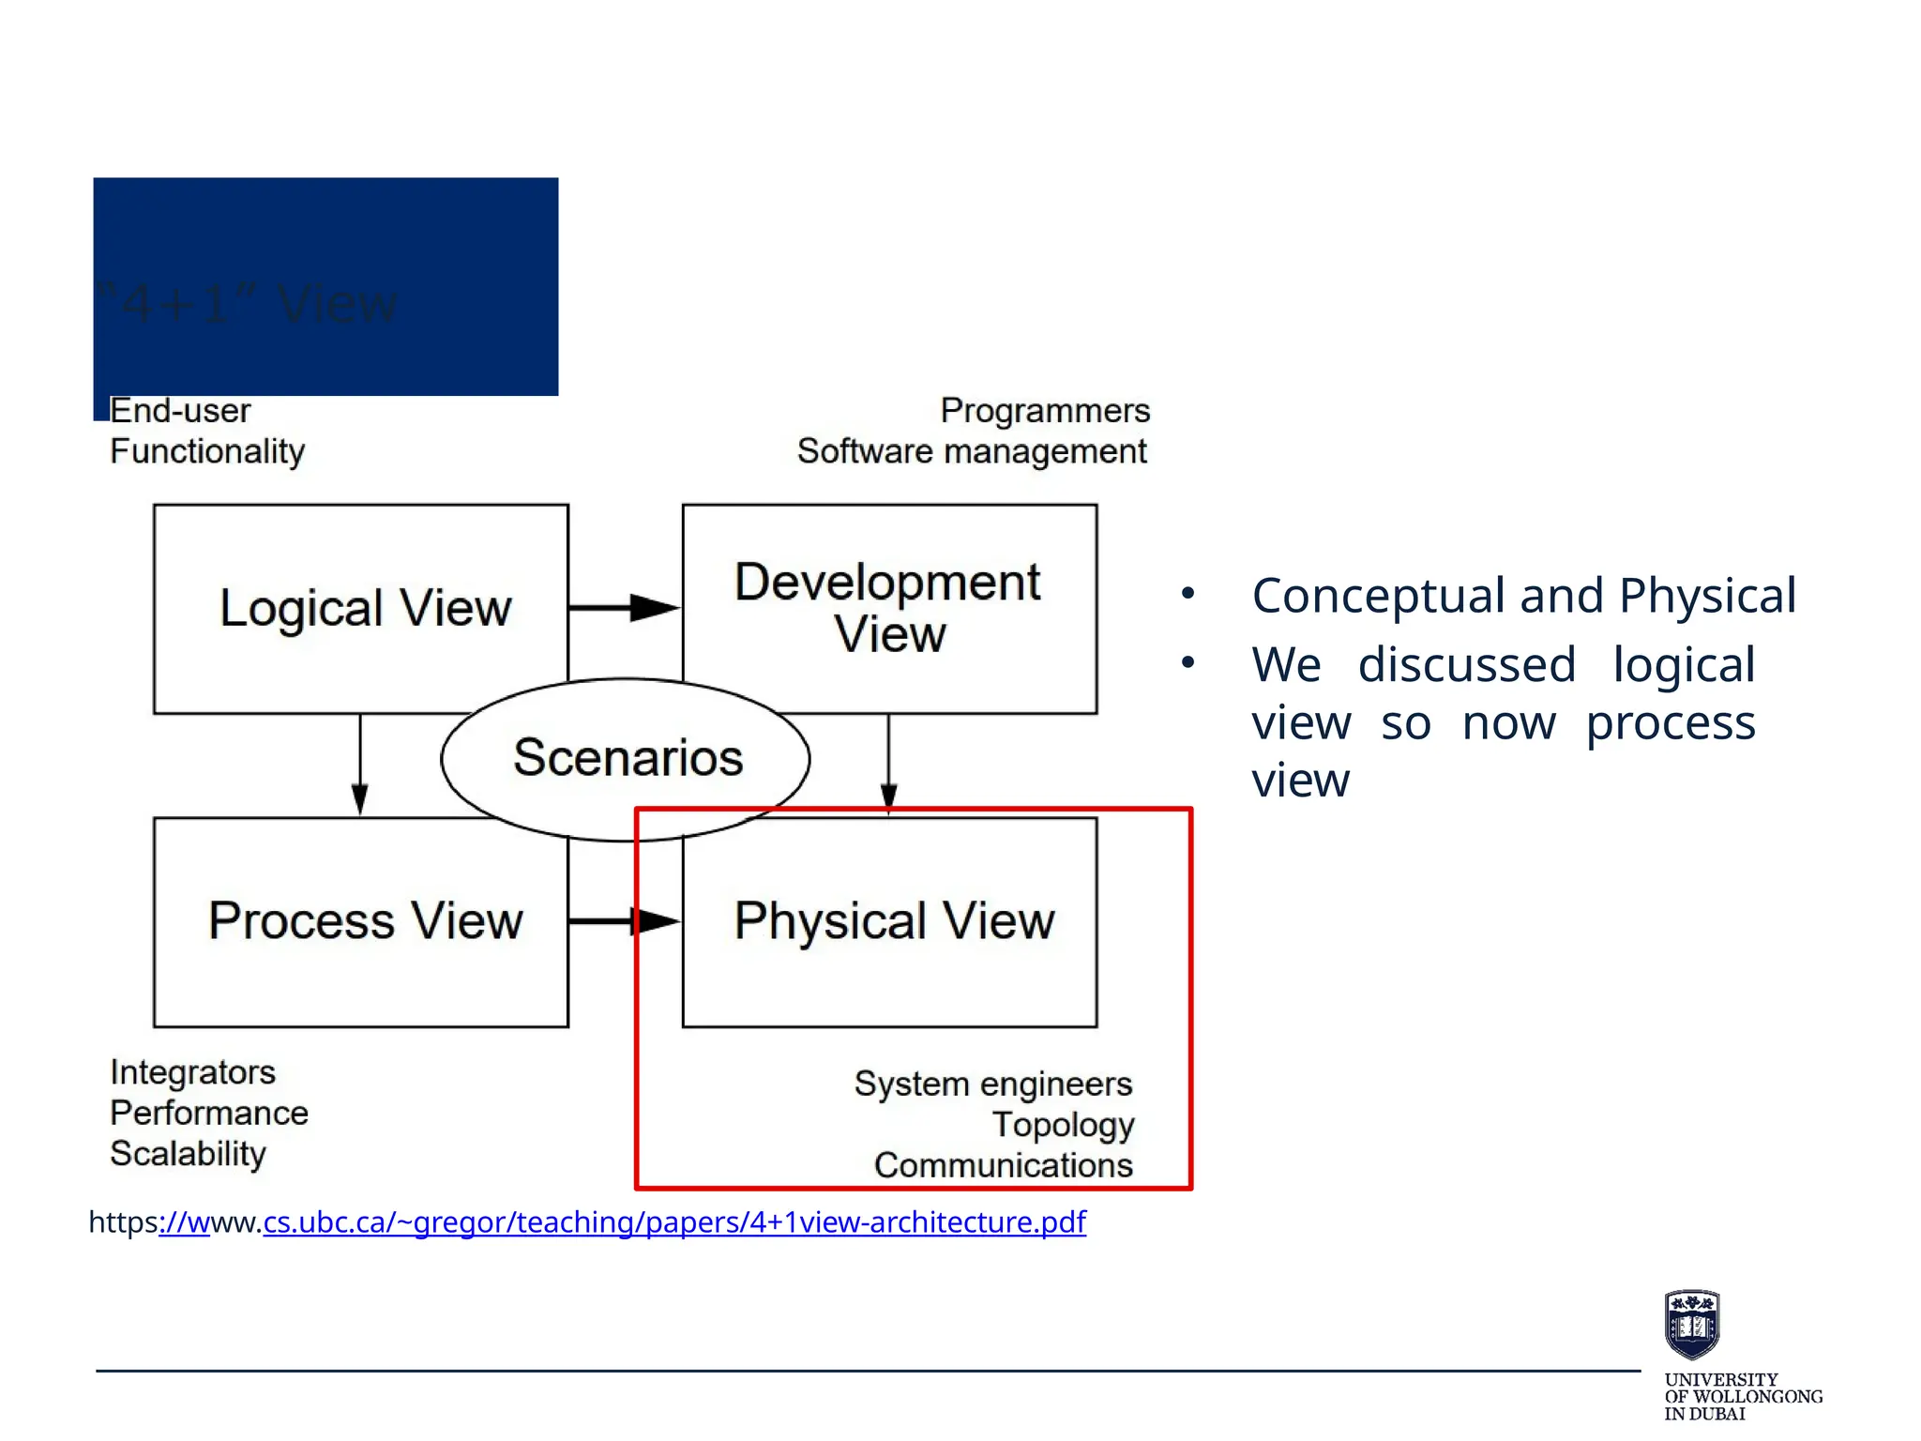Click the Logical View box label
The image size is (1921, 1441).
[365, 608]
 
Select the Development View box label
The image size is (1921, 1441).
[887, 607]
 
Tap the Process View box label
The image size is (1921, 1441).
[365, 920]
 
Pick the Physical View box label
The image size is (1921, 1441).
[894, 920]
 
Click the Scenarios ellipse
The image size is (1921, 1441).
[627, 757]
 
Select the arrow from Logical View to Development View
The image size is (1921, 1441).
[624, 608]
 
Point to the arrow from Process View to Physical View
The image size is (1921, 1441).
[624, 921]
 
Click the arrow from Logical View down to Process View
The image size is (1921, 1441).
[360, 765]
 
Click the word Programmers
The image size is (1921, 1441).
[1045, 411]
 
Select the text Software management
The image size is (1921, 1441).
[972, 451]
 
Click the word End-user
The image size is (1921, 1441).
[180, 411]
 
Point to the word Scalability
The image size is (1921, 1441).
[188, 1153]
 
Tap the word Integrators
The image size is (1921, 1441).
[192, 1072]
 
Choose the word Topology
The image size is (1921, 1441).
[1063, 1124]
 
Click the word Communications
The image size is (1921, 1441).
[1003, 1165]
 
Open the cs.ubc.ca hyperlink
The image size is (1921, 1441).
[673, 1222]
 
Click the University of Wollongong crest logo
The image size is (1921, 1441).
[1691, 1324]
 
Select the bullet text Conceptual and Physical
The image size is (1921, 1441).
[1523, 596]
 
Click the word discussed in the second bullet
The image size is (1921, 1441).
[1466, 665]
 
